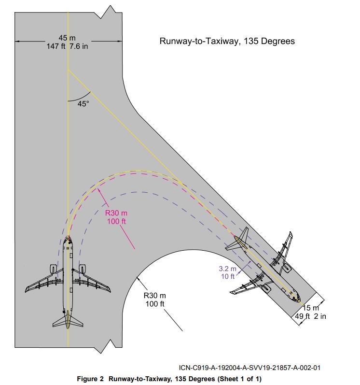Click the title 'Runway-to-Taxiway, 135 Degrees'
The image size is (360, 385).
(x=227, y=41)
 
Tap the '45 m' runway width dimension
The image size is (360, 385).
(x=67, y=38)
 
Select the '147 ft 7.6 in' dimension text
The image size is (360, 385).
(x=67, y=46)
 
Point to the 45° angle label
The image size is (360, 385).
(x=83, y=104)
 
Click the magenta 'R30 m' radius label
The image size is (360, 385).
(x=116, y=213)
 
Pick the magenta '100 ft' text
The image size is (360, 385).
(x=116, y=222)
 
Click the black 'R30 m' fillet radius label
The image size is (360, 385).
(x=155, y=295)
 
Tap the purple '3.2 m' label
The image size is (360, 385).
(x=227, y=269)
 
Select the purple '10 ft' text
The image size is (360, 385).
(x=228, y=276)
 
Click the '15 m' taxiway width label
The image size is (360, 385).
(x=311, y=308)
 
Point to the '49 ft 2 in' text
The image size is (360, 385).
(x=310, y=316)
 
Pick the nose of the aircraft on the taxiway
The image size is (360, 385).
(x=299, y=301)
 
